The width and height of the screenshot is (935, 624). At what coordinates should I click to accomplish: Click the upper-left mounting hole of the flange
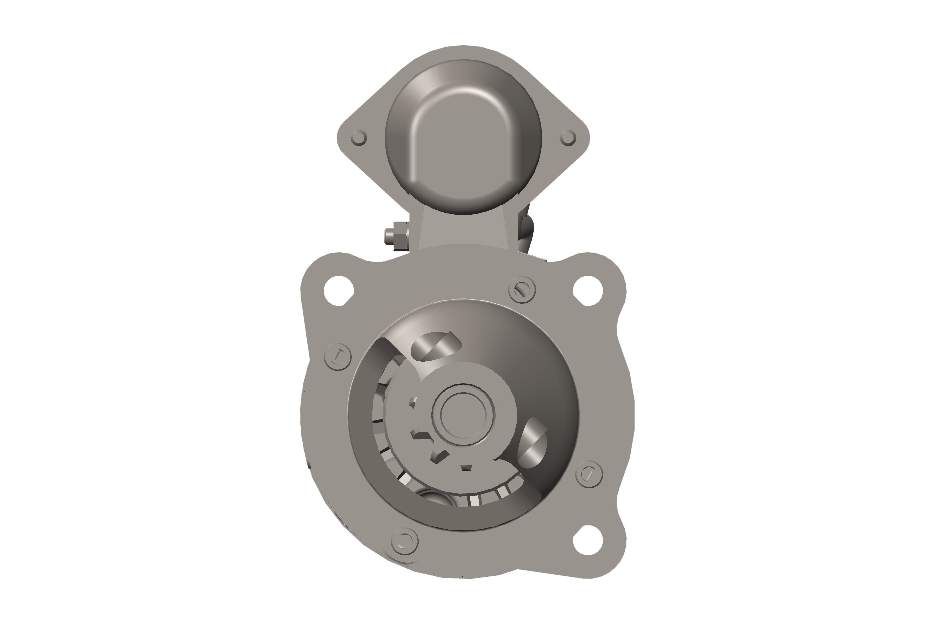coord(339,290)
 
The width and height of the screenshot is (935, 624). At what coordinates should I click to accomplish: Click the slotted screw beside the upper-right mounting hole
coord(522,289)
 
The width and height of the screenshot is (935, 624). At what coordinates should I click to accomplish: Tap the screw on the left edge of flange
coord(338,356)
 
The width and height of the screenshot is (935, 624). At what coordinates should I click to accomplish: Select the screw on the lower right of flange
coord(589,474)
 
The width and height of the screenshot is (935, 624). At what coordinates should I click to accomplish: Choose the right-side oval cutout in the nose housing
coord(533,443)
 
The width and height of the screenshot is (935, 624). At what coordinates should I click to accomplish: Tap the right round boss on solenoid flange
coord(568,138)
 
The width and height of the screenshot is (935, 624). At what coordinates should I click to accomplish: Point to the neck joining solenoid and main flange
coord(464,231)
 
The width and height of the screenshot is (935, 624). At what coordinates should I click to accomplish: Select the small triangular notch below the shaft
coord(466,467)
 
